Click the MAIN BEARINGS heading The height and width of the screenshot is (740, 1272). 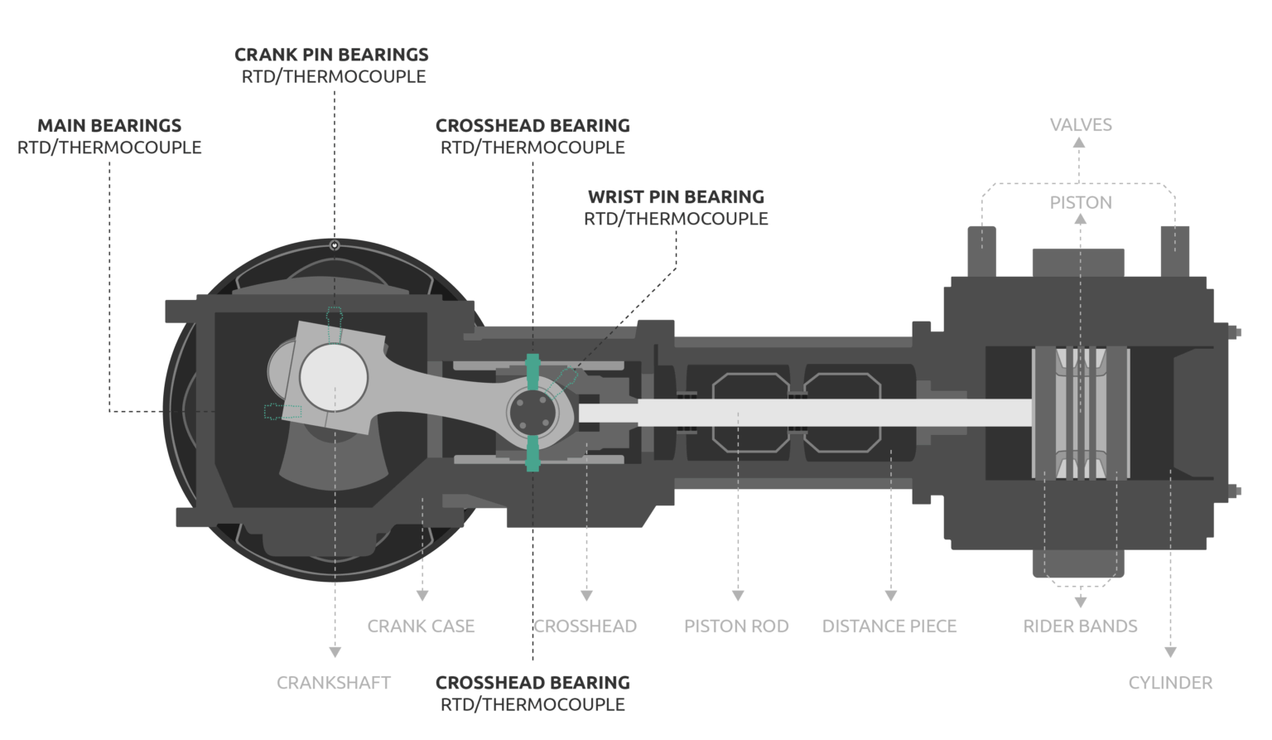click(x=109, y=126)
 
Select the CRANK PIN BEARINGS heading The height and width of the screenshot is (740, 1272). click(x=331, y=55)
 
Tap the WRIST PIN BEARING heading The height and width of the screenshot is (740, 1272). click(x=676, y=197)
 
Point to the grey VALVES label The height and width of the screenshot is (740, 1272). click(x=1081, y=125)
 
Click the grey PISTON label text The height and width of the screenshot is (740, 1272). click(x=1081, y=203)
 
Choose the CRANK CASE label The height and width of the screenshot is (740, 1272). click(x=421, y=626)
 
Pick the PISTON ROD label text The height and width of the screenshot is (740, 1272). click(x=736, y=626)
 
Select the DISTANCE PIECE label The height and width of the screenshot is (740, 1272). click(x=889, y=626)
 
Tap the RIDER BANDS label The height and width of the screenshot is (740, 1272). click(x=1080, y=626)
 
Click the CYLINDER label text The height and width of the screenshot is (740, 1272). click(x=1170, y=683)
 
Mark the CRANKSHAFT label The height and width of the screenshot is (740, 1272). click(x=334, y=683)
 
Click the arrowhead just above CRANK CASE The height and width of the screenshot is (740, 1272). click(x=422, y=595)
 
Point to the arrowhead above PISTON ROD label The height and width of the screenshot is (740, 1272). click(x=738, y=595)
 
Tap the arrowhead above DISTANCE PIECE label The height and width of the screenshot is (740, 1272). click(x=891, y=595)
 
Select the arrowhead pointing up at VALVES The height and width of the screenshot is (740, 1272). click(x=1079, y=143)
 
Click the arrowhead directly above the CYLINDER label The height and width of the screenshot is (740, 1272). click(x=1170, y=652)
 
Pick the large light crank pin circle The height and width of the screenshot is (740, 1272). click(x=334, y=376)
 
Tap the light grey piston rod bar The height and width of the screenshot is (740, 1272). click(x=803, y=412)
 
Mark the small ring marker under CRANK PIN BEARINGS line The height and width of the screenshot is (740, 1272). click(x=335, y=245)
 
